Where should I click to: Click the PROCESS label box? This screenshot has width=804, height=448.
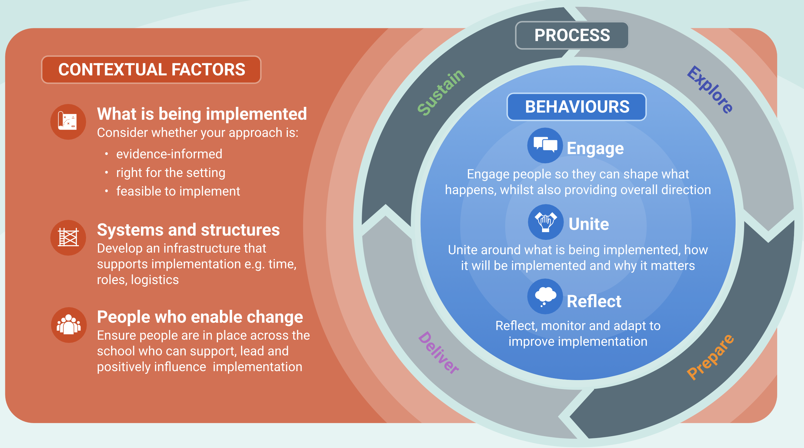(572, 35)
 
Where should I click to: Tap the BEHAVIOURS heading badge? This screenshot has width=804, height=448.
(576, 107)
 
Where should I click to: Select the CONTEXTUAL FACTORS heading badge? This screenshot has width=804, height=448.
(151, 69)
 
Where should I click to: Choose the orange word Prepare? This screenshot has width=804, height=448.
(710, 357)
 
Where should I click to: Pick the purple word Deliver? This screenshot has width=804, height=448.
(438, 353)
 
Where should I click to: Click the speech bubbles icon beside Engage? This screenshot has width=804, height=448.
(545, 145)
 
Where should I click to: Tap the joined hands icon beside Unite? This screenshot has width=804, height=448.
(545, 222)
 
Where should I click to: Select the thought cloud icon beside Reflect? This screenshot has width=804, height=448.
(545, 296)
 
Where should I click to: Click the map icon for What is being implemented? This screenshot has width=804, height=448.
(68, 122)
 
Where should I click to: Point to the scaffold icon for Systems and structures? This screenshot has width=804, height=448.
(68, 238)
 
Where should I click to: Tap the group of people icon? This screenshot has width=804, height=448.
(69, 325)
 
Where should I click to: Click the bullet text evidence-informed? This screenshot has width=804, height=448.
(169, 154)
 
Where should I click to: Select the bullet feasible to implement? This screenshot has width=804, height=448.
(178, 191)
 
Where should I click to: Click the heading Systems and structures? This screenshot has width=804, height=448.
(188, 230)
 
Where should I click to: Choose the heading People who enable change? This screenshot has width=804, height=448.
(200, 317)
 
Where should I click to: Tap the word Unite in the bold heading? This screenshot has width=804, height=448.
(588, 224)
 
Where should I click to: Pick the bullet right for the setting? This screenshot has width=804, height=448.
(171, 173)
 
